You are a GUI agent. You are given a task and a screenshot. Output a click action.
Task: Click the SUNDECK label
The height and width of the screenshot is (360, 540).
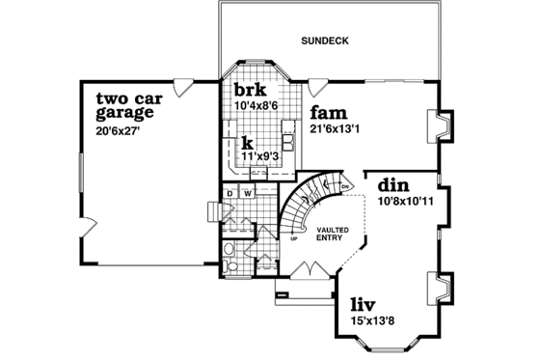point(324,41)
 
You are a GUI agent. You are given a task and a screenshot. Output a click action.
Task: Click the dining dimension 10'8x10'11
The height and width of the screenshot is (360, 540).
point(406,201)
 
